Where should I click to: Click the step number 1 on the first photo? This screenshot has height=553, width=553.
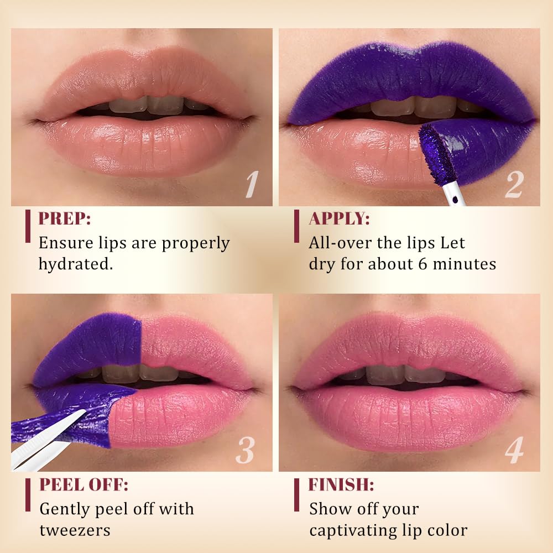[x=252, y=184]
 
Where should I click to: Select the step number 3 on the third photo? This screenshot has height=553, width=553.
[x=245, y=450]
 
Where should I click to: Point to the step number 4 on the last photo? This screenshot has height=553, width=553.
[x=514, y=450]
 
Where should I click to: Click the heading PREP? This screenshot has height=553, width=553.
[x=65, y=218]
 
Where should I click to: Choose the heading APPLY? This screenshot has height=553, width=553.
[x=340, y=218]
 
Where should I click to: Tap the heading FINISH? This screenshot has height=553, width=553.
[x=341, y=484]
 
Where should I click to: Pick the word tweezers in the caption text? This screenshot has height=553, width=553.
[x=75, y=530]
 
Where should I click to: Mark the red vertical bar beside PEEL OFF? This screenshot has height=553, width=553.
[x=28, y=495]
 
